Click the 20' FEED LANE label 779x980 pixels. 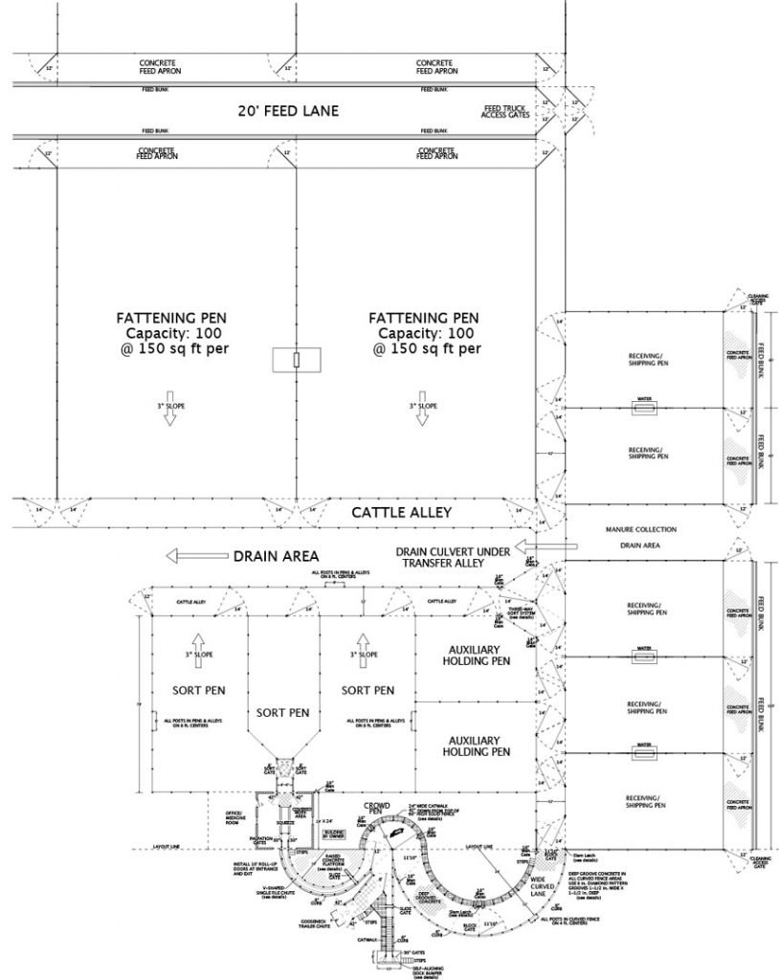(x=288, y=111)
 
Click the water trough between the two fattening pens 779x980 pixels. (x=296, y=361)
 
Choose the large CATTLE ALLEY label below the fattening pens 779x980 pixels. (x=401, y=514)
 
